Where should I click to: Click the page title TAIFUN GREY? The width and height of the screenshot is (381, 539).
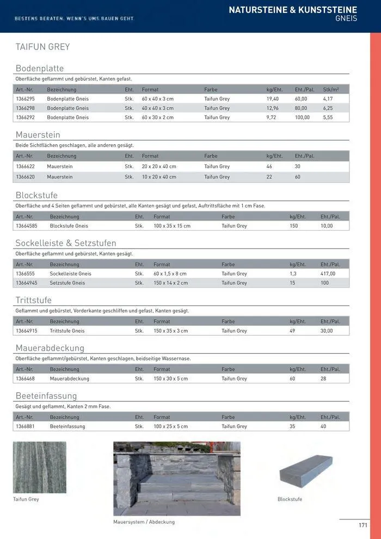(42, 47)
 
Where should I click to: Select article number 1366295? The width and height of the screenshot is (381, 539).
(25, 99)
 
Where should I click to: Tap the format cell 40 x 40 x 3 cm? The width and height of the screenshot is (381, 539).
(157, 108)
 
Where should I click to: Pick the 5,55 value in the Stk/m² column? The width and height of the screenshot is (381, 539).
(328, 118)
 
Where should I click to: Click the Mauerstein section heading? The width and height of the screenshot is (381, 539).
(38, 134)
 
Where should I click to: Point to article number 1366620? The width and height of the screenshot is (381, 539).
(25, 177)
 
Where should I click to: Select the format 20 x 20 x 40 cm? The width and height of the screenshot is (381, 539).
(159, 167)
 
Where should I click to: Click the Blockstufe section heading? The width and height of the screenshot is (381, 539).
(36, 195)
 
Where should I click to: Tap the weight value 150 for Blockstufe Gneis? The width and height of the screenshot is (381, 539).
(293, 226)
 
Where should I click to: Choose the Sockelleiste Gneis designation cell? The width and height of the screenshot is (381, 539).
(70, 274)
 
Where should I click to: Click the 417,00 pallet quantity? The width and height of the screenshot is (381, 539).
(328, 274)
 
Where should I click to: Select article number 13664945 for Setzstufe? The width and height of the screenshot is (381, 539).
(27, 283)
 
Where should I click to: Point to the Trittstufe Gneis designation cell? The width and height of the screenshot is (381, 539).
(67, 331)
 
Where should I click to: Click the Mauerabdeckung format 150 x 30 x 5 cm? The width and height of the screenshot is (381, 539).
(170, 379)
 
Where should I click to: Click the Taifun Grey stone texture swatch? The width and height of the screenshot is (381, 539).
(39, 467)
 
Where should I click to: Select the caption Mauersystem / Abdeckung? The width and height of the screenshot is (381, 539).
(144, 522)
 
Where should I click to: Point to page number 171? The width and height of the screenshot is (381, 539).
(362, 525)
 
